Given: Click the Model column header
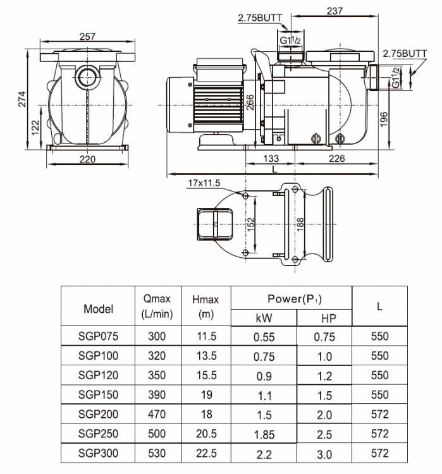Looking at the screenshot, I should pyautogui.click(x=98, y=309).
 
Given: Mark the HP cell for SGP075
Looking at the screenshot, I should pyautogui.click(x=324, y=337).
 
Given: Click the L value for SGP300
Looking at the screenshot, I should pyautogui.click(x=379, y=453).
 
